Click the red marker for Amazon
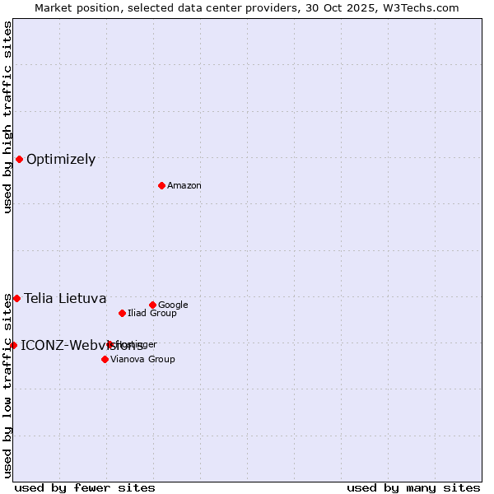(x=161, y=185)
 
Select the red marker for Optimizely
(x=19, y=159)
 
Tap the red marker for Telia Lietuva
(x=16, y=298)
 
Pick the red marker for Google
(x=152, y=305)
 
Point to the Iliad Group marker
(x=122, y=313)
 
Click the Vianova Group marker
(x=105, y=359)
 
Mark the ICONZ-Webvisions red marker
(x=13, y=345)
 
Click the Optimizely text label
(x=61, y=160)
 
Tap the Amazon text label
(x=184, y=186)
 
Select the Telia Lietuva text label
(x=65, y=299)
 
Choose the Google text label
(x=173, y=305)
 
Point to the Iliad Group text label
(x=152, y=314)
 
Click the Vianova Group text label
(x=142, y=360)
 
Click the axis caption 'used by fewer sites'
(x=85, y=488)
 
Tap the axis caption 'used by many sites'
(x=413, y=488)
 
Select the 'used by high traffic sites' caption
(x=7, y=117)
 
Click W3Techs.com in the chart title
(x=425, y=7)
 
